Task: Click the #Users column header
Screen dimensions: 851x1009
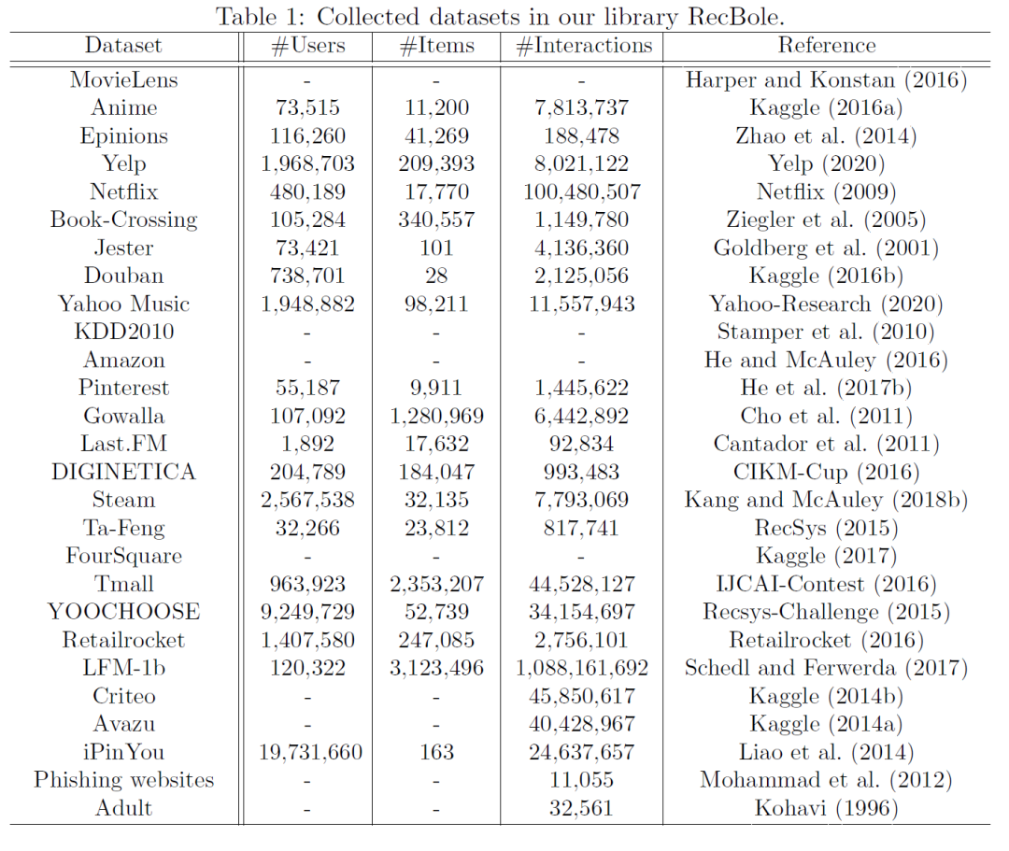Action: [x=307, y=46]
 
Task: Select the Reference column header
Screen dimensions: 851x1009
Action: [x=827, y=46]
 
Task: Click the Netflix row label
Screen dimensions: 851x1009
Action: [x=124, y=191]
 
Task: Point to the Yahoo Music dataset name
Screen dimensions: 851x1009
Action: [x=124, y=304]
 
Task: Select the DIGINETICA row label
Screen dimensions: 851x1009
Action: [x=124, y=472]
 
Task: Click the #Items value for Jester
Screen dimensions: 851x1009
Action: [x=436, y=248]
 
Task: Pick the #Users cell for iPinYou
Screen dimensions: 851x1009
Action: [x=307, y=752]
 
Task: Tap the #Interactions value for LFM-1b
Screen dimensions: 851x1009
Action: [x=582, y=668]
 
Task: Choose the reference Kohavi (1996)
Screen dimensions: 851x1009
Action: [x=826, y=808]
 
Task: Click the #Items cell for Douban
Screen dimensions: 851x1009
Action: [x=436, y=276]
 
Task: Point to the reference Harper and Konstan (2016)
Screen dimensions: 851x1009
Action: [x=826, y=79]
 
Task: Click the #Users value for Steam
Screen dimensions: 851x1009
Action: [x=307, y=500]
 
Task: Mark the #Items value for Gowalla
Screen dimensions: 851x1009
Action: [x=436, y=416]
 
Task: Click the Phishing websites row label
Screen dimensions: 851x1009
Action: [x=124, y=780]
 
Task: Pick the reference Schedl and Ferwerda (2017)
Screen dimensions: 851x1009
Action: [x=826, y=668]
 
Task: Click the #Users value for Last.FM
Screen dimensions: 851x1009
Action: [x=307, y=444]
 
